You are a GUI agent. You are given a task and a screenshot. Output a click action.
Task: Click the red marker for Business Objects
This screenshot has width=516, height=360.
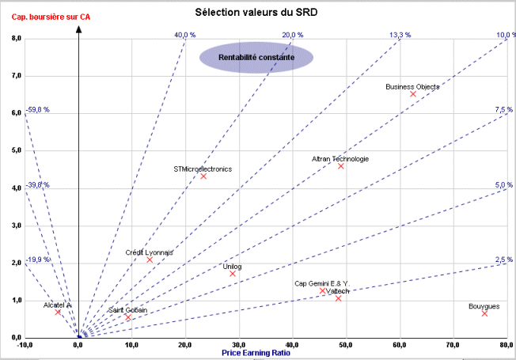(x=413, y=94)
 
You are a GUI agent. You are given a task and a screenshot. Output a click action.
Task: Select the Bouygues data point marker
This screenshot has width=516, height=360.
(x=484, y=313)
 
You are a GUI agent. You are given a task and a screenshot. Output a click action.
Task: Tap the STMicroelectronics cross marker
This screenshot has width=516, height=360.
(x=203, y=176)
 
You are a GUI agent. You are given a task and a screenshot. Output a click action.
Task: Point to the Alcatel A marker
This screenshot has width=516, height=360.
(x=58, y=313)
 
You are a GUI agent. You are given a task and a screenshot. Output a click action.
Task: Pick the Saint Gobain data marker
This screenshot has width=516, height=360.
(x=127, y=318)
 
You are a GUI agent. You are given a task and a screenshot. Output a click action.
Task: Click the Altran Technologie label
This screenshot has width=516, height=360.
(x=340, y=158)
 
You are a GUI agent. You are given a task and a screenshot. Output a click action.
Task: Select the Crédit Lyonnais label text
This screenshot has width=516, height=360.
(x=150, y=252)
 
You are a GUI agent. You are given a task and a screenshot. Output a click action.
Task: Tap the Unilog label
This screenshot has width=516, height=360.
(x=233, y=267)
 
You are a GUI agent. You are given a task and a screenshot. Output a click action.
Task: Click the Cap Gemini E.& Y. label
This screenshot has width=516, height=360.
(x=321, y=283)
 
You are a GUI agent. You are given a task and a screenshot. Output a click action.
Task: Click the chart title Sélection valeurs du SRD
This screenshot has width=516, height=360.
(x=257, y=13)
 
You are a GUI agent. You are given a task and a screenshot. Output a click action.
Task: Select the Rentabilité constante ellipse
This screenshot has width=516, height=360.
(x=256, y=58)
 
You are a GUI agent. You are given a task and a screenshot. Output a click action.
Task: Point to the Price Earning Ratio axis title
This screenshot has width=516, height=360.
(x=256, y=352)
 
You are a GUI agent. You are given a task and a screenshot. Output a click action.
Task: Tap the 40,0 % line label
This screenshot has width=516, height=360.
(x=184, y=35)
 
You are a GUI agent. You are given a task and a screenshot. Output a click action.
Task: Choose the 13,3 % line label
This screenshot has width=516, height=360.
(x=400, y=35)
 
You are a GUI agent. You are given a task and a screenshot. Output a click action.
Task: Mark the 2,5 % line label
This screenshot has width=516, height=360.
(x=504, y=260)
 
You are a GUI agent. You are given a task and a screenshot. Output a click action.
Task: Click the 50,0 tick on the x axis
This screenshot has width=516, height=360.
(x=346, y=346)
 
